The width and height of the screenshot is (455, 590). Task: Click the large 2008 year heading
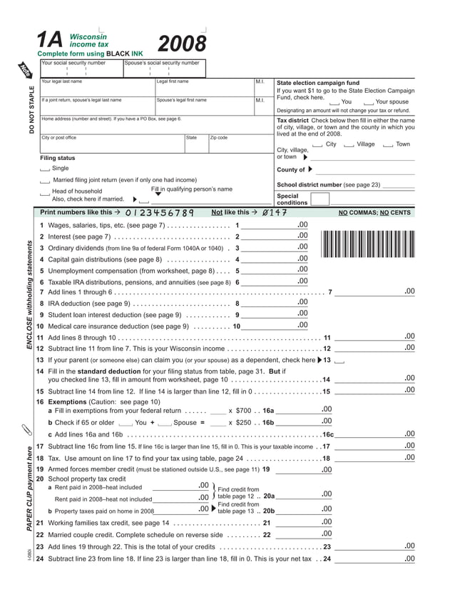tap(182, 45)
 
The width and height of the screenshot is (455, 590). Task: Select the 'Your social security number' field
tap(81, 71)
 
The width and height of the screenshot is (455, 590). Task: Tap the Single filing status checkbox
tap(45, 169)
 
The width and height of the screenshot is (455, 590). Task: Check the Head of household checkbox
tap(45, 192)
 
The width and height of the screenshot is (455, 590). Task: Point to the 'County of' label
tap(290, 170)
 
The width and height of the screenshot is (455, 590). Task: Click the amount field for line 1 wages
tap(270, 226)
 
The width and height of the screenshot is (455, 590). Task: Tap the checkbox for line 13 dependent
tap(339, 361)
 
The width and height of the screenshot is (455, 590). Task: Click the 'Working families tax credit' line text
tap(92, 522)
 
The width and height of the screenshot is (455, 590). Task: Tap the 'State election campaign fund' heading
tap(317, 83)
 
